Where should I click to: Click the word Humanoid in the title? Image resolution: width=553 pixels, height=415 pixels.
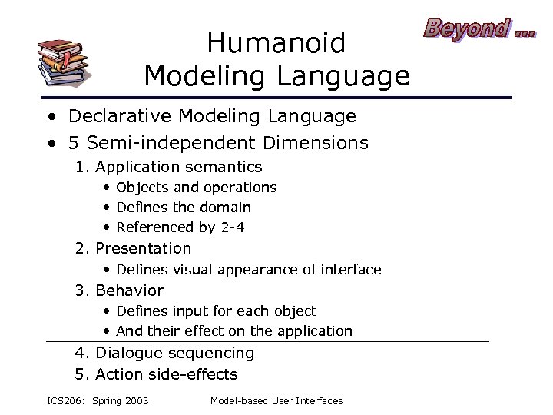click(276, 43)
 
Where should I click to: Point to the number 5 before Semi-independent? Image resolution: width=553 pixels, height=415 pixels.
click(74, 143)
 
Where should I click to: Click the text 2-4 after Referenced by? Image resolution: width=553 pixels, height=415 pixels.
click(232, 227)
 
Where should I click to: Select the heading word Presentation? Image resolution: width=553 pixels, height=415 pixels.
click(143, 248)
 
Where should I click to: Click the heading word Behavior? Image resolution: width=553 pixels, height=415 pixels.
click(129, 290)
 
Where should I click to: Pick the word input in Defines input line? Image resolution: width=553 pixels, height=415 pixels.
click(189, 311)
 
